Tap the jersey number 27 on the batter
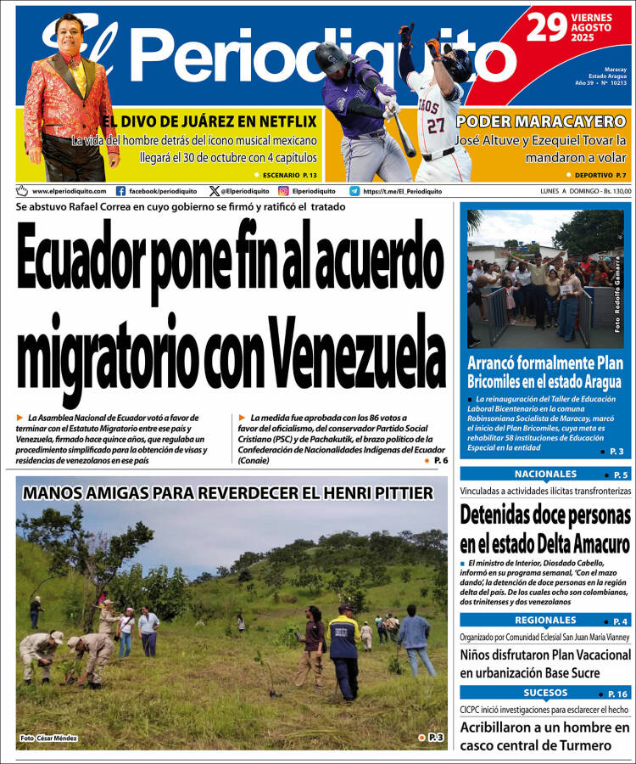tap(437, 126)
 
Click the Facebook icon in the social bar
tap(120, 191)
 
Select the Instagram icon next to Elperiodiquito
tap(283, 191)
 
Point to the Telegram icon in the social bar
tap(354, 191)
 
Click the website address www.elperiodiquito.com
tap(69, 191)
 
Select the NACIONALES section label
tap(545, 474)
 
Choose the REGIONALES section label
tap(545, 620)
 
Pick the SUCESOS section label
tap(545, 693)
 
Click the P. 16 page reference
tap(616, 694)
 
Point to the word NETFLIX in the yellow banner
tap(282, 121)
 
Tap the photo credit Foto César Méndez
tap(48, 738)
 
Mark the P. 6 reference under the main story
tap(440, 460)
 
